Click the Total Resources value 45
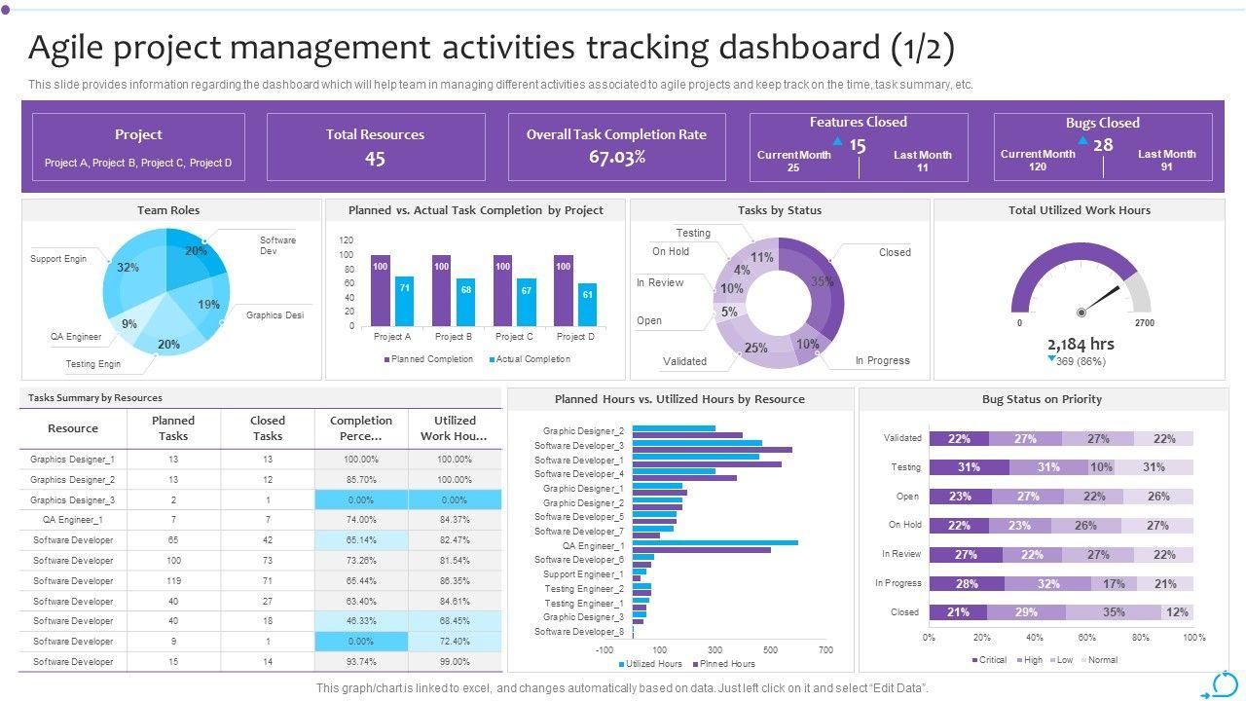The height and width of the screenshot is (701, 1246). [375, 159]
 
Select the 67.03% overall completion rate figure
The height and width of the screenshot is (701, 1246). [616, 158]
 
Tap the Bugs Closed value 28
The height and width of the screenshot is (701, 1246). [1102, 145]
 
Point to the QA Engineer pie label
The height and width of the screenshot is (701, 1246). [76, 337]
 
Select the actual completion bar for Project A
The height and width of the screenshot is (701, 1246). [404, 301]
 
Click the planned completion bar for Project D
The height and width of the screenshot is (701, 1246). [563, 290]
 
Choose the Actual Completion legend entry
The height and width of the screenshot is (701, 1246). [531, 359]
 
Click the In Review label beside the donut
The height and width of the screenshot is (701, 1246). [660, 282]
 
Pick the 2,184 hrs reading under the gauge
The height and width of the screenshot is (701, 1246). [1081, 344]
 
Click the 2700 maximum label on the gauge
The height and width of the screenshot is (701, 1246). [1145, 322]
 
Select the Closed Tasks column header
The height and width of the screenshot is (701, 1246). [268, 428]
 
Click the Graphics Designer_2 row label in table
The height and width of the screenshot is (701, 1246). [72, 480]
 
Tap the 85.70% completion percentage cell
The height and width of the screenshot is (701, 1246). [360, 480]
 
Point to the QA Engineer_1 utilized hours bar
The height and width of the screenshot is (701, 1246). [715, 543]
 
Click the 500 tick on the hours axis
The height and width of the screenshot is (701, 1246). [771, 649]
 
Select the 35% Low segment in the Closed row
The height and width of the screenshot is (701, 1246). [1113, 612]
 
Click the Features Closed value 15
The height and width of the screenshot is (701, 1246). [857, 146]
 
